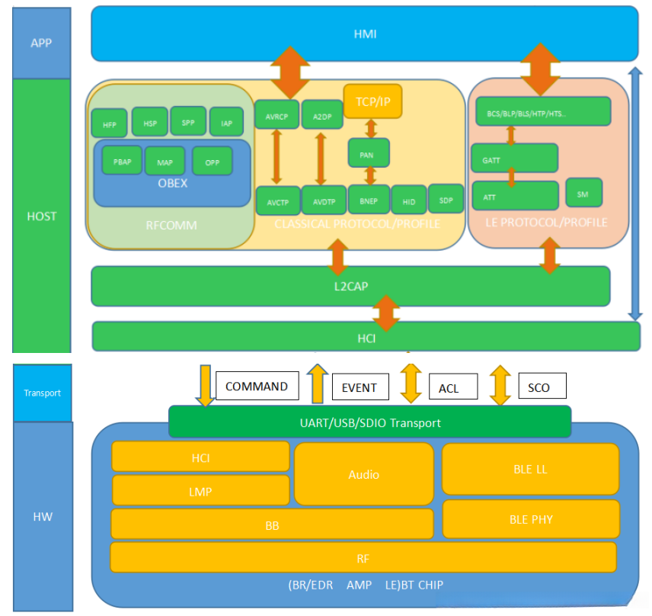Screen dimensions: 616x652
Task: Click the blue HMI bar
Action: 364,34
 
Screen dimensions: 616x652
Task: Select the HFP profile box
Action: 110,123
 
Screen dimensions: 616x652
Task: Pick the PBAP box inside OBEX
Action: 121,162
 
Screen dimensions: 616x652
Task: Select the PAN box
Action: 369,152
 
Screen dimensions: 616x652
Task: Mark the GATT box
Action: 514,158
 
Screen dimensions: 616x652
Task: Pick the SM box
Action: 583,193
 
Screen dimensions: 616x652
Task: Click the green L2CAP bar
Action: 350,286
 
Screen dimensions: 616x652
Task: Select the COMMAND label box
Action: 257,386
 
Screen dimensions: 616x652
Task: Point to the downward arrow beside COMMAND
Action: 204,384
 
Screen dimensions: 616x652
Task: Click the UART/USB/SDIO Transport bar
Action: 369,422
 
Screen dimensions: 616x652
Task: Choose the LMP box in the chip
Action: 200,491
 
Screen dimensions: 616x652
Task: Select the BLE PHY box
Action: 530,519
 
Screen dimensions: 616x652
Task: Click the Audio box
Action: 363,473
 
